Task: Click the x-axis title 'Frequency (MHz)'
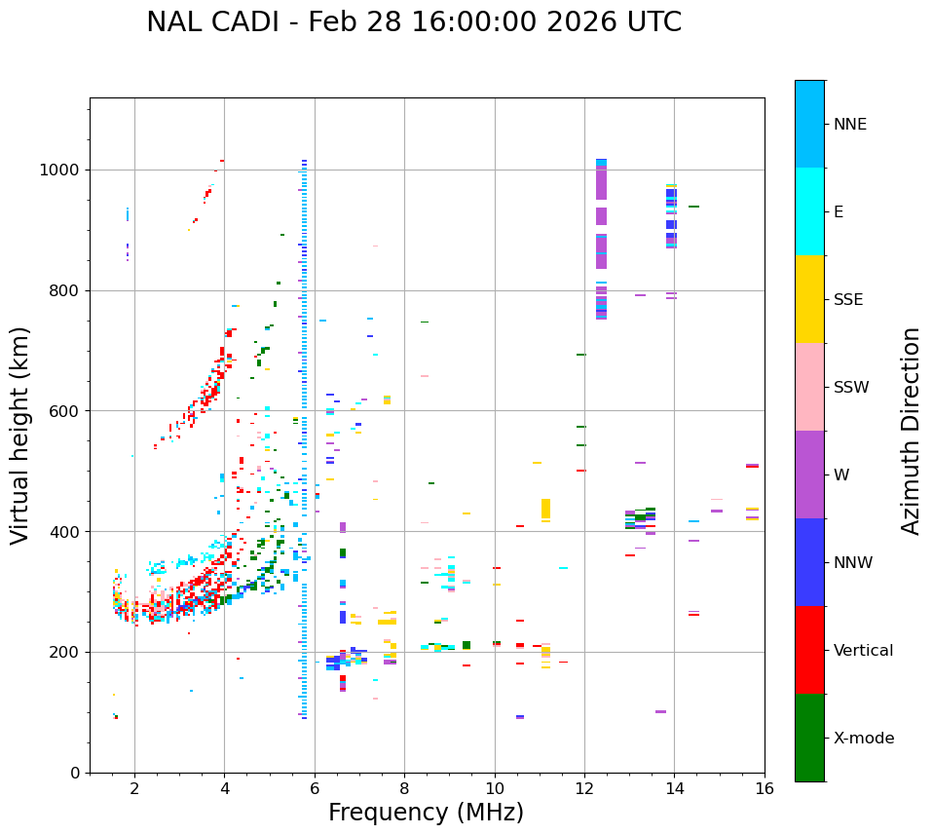pyautogui.click(x=426, y=813)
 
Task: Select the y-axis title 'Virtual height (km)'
pyautogui.click(x=20, y=435)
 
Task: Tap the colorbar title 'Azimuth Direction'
pyautogui.click(x=911, y=430)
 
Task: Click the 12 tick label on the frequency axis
pyautogui.click(x=584, y=789)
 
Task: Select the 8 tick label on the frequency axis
pyautogui.click(x=404, y=789)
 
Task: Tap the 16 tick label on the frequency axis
pyautogui.click(x=765, y=789)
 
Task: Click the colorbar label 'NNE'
pyautogui.click(x=849, y=125)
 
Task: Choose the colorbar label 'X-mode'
pyautogui.click(x=863, y=739)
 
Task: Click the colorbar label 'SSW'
pyautogui.click(x=851, y=388)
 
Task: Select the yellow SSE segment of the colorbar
pyautogui.click(x=809, y=299)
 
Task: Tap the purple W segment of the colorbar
pyautogui.click(x=809, y=474)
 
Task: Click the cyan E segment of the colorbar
pyautogui.click(x=809, y=211)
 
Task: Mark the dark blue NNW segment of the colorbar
pyautogui.click(x=809, y=562)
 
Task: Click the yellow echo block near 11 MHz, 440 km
pyautogui.click(x=545, y=509)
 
